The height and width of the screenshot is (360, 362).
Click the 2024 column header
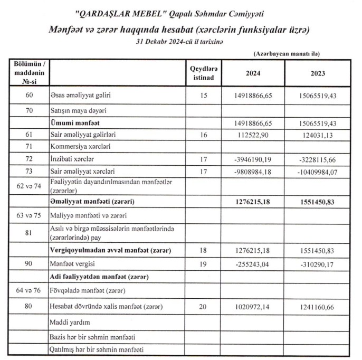[253, 73]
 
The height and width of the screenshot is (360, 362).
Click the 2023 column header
[318, 73]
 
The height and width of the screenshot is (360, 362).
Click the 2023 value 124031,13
[319, 135]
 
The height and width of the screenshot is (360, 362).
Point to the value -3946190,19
[253, 159]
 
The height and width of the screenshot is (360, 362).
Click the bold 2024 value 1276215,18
[253, 202]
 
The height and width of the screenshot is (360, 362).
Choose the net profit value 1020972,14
[253, 307]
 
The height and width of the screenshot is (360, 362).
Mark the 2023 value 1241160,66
[318, 307]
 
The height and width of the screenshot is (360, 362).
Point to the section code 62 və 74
[30, 185]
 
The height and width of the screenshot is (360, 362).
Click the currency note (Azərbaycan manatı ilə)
[287, 54]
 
